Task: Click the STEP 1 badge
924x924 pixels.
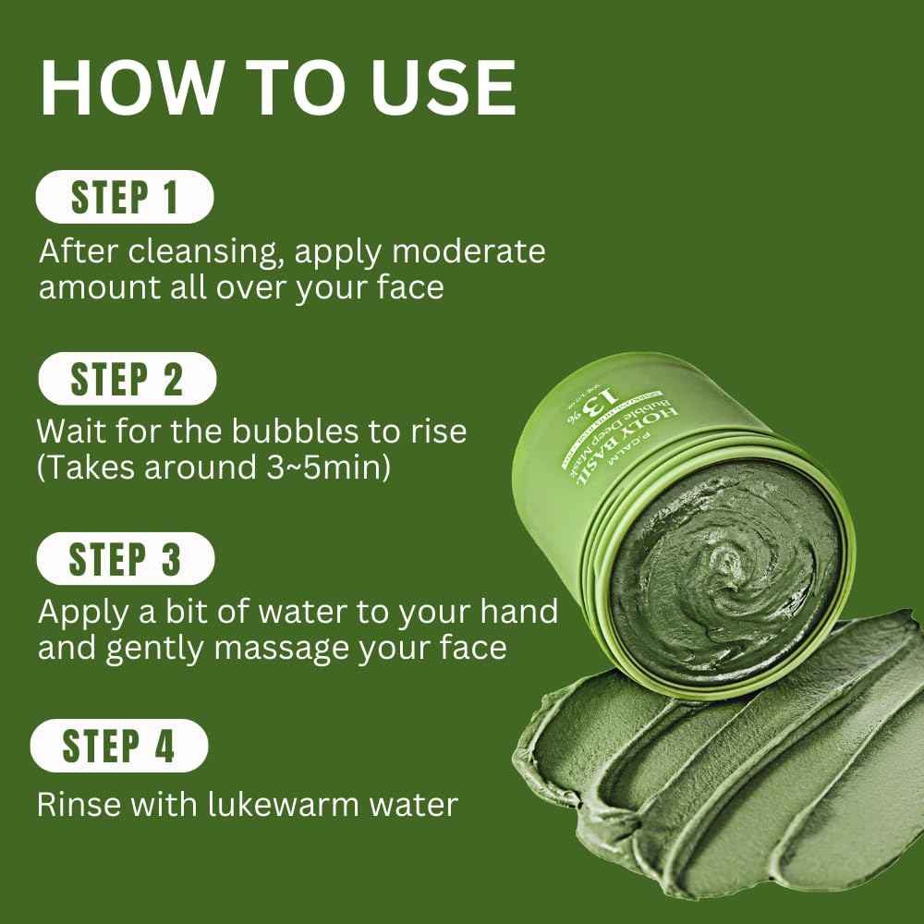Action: coord(124,199)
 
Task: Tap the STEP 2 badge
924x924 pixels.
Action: coord(127,380)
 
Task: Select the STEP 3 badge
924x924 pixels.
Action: coord(126,560)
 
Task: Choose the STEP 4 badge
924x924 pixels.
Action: coord(119,746)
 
